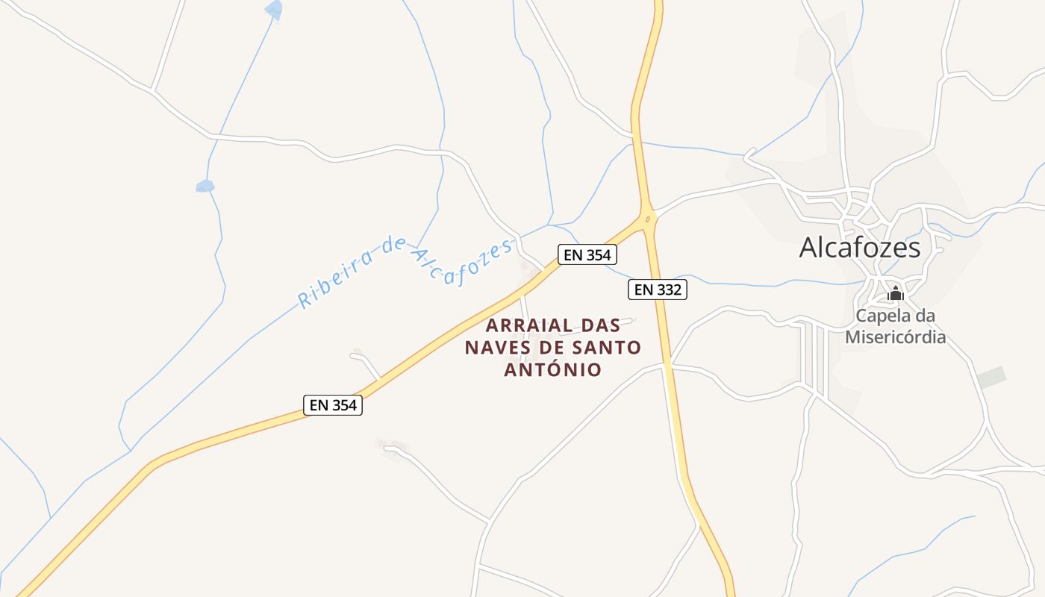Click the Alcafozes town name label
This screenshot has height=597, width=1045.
[x=860, y=247]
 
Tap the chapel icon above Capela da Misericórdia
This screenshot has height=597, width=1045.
[x=895, y=293]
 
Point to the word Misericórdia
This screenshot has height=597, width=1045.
[x=895, y=337]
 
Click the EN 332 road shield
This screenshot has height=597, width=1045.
[x=657, y=290]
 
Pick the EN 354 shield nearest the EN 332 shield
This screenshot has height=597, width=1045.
[x=587, y=254]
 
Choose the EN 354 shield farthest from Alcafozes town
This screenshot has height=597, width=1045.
[x=334, y=405]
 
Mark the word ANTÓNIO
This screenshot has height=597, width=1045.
[x=553, y=369]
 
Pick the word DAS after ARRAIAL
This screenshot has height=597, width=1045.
[x=600, y=326]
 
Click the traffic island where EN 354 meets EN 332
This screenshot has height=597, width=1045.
[x=647, y=219]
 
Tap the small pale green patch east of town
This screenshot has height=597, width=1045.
[x=991, y=378]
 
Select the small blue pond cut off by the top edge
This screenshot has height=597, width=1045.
[x=274, y=10]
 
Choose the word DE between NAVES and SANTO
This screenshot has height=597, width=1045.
[x=552, y=348]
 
